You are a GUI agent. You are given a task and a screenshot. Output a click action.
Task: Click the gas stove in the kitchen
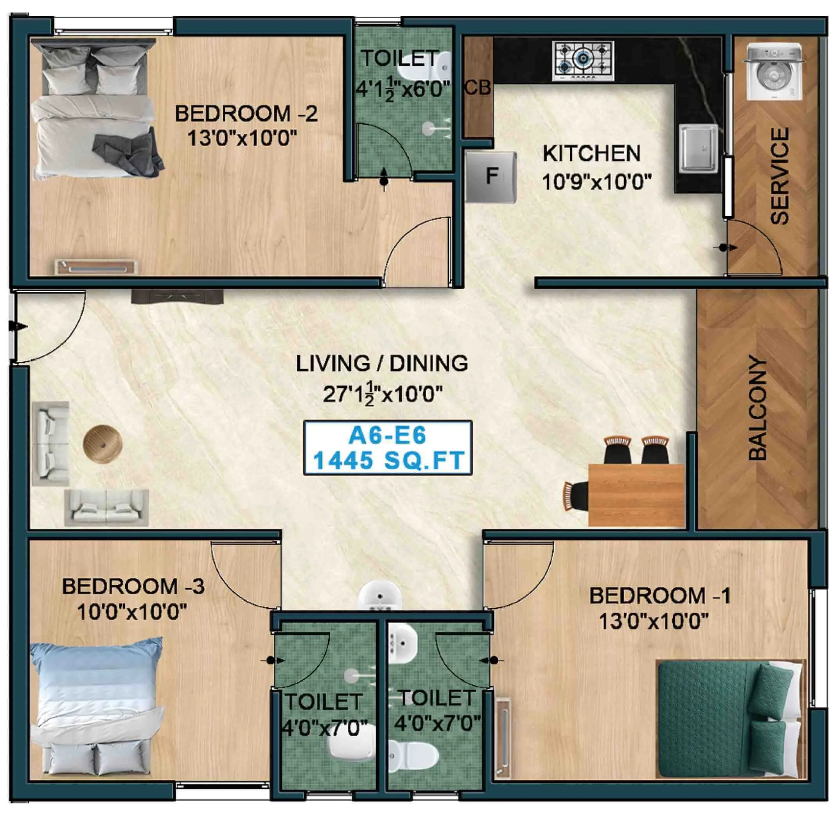coord(583,61)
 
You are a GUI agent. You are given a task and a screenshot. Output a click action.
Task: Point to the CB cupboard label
coord(477,88)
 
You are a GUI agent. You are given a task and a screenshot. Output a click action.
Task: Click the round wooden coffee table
coord(102,444)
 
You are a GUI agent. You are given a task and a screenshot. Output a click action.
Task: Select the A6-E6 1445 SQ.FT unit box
coord(387,448)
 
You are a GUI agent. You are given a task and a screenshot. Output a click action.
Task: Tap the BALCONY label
coord(758,409)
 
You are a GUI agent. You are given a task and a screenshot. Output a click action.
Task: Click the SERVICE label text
coord(780,176)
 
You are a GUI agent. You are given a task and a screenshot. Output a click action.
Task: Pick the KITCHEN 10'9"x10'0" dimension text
coord(596,181)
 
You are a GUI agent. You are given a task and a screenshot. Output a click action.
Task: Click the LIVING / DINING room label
coord(382,363)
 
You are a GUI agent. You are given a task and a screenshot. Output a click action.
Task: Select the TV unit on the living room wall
coord(177,298)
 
